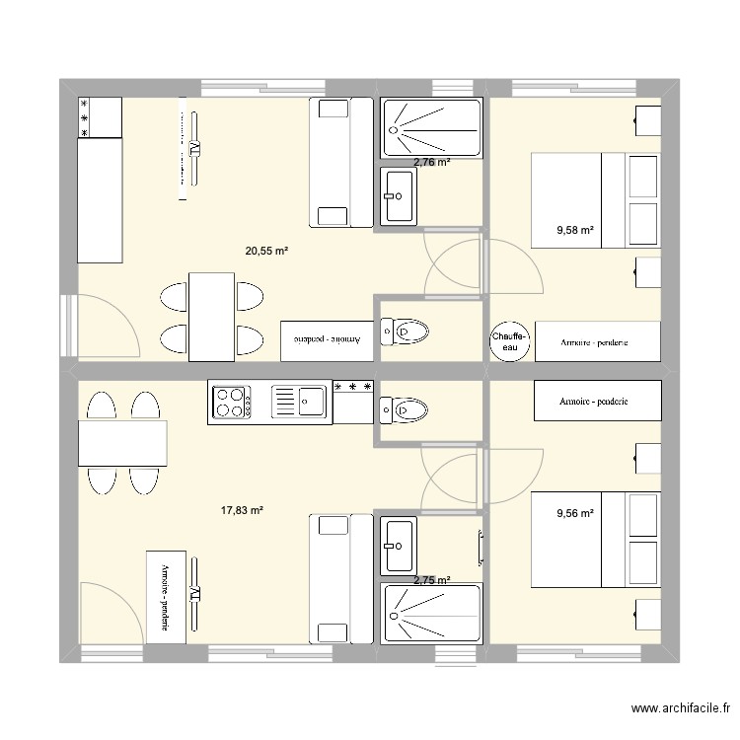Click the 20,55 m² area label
pyautogui.click(x=266, y=251)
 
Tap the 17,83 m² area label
pyautogui.click(x=242, y=510)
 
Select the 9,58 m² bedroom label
pyautogui.click(x=575, y=230)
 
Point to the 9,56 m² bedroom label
pyautogui.click(x=575, y=513)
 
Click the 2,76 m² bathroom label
pyautogui.click(x=431, y=162)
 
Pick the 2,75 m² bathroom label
pyautogui.click(x=431, y=581)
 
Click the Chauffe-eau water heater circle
pyautogui.click(x=510, y=341)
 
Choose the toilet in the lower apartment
pyautogui.click(x=402, y=407)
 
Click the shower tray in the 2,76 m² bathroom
pyautogui.click(x=430, y=128)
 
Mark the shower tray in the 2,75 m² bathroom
pyautogui.click(x=430, y=615)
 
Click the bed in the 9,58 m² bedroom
pyautogui.click(x=595, y=199)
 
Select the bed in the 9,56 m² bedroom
pyautogui.click(x=595, y=540)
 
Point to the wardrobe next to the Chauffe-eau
pyautogui.click(x=594, y=341)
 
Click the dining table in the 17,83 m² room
pyautogui.click(x=122, y=443)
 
